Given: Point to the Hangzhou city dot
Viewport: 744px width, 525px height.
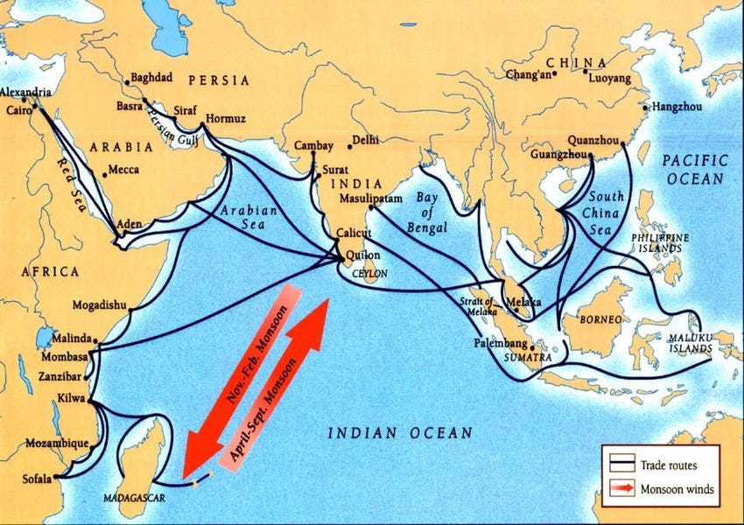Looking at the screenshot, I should tap(646, 108).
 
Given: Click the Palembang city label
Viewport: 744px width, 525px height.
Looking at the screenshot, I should tap(501, 342).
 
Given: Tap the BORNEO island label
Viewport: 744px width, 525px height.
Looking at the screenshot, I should tap(600, 320).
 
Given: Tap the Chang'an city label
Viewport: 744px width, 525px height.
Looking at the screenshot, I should tap(528, 75).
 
